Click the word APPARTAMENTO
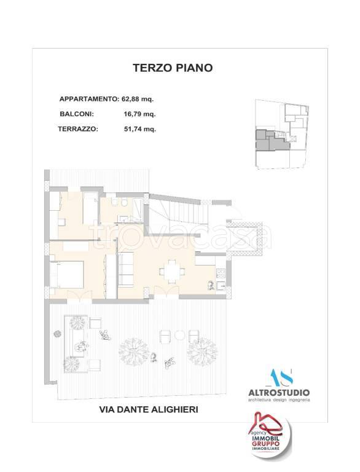coord(88,99)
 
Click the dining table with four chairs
coord(170,269)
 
